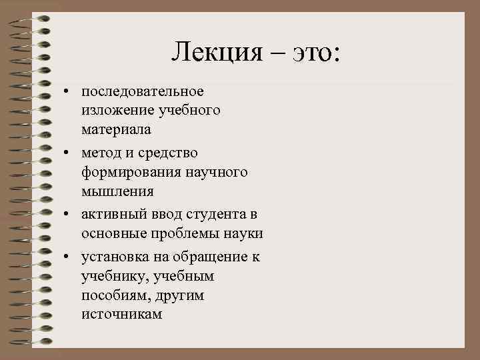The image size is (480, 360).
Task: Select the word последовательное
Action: [x=143, y=90]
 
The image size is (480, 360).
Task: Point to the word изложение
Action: [x=115, y=109]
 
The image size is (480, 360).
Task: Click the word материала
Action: [x=116, y=129]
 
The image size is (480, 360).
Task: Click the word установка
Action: [x=115, y=257]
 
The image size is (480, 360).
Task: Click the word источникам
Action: [x=121, y=313]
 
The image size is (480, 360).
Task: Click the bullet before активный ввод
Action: [x=68, y=215]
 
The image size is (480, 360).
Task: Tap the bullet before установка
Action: [x=68, y=257]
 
